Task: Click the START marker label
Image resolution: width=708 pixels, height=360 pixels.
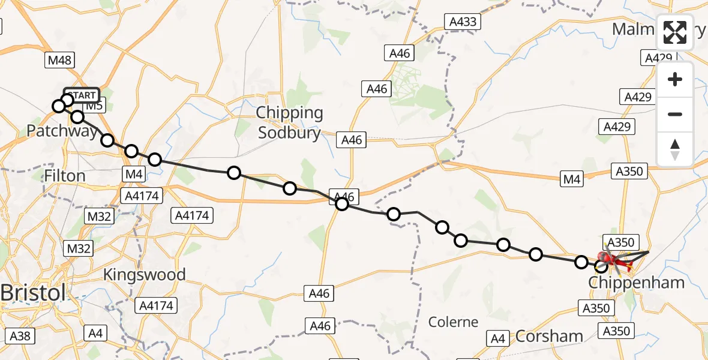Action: (81, 95)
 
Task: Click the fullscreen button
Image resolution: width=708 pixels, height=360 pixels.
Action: (675, 32)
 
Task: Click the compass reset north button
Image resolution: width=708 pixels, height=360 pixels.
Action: (675, 149)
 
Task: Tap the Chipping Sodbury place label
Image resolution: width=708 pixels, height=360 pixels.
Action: (289, 122)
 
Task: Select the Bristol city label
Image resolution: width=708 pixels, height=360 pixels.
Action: (32, 294)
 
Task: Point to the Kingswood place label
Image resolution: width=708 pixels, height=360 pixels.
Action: (145, 275)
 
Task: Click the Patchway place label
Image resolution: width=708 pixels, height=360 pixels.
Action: (62, 131)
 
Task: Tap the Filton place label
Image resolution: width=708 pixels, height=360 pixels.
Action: (64, 176)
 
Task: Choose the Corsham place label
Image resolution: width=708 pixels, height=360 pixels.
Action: (550, 336)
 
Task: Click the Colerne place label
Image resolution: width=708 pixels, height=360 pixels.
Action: (454, 322)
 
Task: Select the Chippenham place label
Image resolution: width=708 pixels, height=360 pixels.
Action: (637, 283)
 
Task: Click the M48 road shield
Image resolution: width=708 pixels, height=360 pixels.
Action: (59, 60)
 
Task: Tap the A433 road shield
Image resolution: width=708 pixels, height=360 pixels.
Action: (463, 23)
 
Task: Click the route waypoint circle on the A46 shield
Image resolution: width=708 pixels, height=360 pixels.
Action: (342, 203)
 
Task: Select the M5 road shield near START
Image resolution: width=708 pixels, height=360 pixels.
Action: (95, 106)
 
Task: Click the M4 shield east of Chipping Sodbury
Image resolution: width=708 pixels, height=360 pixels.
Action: (572, 179)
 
